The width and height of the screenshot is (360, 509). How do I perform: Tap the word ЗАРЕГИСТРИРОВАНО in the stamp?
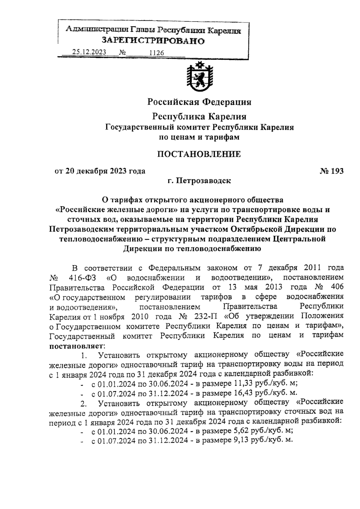click(x=153, y=40)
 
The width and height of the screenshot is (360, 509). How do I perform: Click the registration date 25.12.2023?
click(x=89, y=52)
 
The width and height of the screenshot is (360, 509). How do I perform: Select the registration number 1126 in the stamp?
click(x=157, y=53)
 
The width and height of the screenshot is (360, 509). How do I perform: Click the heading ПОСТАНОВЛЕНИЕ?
click(x=199, y=154)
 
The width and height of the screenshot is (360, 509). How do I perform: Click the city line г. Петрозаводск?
click(x=199, y=181)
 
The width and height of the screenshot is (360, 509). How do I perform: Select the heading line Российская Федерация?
click(x=199, y=102)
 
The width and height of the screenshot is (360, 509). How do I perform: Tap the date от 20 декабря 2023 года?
click(x=100, y=171)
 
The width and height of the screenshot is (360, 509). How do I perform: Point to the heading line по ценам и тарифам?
click(x=199, y=137)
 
